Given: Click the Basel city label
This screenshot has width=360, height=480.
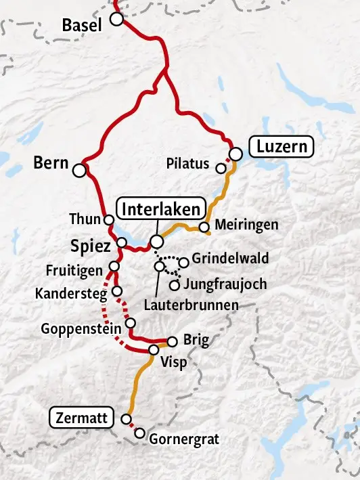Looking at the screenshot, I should (81, 26).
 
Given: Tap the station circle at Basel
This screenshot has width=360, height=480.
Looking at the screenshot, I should (117, 20).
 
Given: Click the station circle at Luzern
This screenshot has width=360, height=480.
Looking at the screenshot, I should (235, 154).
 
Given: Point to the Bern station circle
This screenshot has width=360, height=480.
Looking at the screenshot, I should (79, 170).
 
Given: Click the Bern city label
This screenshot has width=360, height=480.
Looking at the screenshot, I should (50, 163).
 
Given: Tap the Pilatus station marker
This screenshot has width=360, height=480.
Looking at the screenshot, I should (221, 168).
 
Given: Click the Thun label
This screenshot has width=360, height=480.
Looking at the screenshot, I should (85, 219).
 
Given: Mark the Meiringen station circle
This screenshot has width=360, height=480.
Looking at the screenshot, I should (204, 227).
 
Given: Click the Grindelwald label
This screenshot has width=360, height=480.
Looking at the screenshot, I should (230, 258).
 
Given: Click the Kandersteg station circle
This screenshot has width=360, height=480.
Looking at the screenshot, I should (117, 291).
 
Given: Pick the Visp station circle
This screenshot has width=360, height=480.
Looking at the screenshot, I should (154, 349).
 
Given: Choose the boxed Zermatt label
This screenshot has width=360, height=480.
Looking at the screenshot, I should (83, 418).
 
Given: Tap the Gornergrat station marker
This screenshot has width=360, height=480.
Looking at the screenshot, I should (140, 433).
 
